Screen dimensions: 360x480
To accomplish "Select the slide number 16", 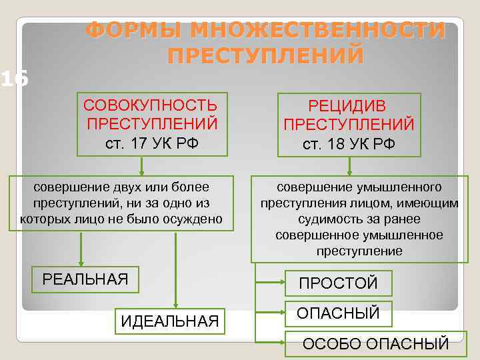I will pos(13,79).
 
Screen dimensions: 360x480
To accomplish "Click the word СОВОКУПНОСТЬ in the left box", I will pos(150,105).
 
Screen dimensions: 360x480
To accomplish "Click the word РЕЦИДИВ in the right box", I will pos(347,106).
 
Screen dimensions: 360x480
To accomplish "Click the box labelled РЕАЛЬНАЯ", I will pos(85,279).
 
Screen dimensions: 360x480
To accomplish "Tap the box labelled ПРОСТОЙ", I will pos(338,283).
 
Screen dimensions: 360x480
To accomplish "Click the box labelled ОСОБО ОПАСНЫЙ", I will pos(375,344).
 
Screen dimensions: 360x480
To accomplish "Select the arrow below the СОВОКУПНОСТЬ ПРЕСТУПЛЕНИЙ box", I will pos(142,166).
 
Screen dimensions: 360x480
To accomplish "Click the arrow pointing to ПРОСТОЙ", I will pos(271,283).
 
